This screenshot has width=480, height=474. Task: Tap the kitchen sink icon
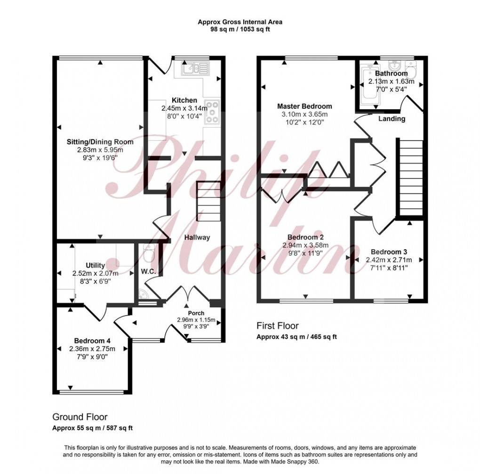[x=191, y=70]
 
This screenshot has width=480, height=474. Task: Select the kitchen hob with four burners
[x=212, y=112]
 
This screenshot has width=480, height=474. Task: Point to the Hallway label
[x=197, y=237]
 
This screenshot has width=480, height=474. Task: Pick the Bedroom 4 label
[x=92, y=341]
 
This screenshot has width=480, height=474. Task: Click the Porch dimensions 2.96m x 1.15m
[x=196, y=320]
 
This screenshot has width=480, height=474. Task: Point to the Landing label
[x=392, y=119]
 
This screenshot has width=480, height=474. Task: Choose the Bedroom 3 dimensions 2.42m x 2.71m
[x=389, y=260]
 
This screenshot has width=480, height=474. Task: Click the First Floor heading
[x=278, y=326]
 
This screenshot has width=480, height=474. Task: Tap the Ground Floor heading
[x=80, y=417]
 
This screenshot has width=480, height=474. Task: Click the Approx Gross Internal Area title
[x=240, y=22]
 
